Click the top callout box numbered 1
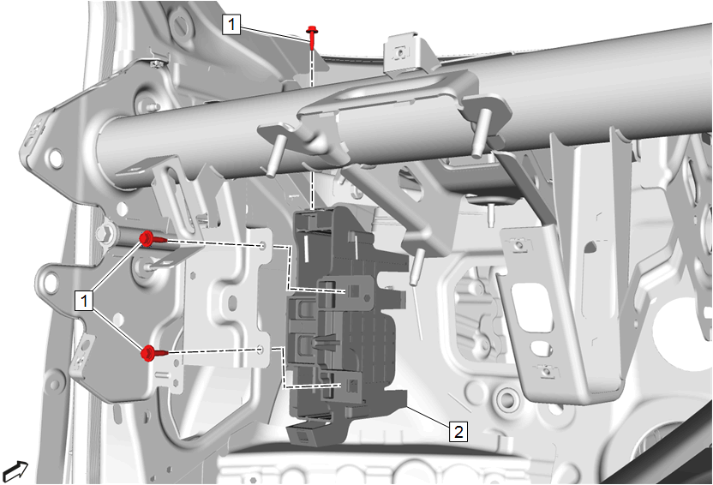(231, 24)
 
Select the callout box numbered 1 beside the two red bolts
(84, 301)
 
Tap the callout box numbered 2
(458, 431)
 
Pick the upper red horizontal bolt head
(147, 238)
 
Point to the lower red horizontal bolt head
(147, 353)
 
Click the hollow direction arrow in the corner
(15, 471)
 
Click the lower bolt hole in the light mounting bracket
(261, 350)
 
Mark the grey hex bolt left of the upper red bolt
(105, 235)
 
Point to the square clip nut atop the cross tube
(400, 53)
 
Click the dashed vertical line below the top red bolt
(312, 129)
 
